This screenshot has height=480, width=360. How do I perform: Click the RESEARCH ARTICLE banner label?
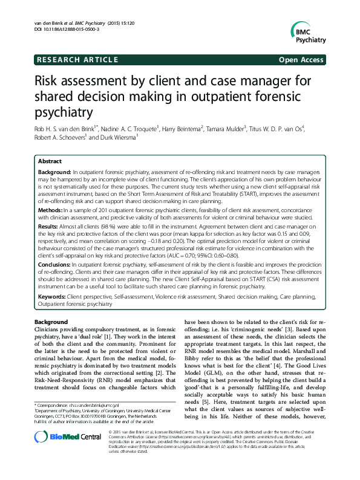tap(77, 60)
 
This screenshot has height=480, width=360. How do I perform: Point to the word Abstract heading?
tap(50, 161)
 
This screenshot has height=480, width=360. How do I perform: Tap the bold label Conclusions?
tap(54, 264)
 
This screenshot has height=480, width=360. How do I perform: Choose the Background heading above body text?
tap(51, 322)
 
